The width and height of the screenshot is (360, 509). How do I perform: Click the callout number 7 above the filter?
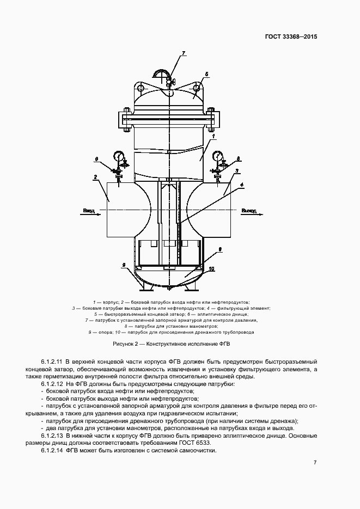(x=184, y=53)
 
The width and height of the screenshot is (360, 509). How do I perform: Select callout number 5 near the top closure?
(x=207, y=73)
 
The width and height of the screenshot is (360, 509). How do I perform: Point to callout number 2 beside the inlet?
(x=95, y=177)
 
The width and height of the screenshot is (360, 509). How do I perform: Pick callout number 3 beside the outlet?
(x=237, y=171)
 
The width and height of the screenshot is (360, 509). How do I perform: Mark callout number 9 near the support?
(x=124, y=265)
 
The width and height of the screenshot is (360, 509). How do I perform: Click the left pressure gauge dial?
(x=119, y=157)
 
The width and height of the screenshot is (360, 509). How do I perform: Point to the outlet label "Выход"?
(x=249, y=210)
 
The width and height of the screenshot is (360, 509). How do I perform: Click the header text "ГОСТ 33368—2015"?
(x=291, y=37)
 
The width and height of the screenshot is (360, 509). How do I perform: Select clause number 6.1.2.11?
(x=52, y=361)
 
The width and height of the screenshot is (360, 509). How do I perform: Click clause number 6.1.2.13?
(x=52, y=436)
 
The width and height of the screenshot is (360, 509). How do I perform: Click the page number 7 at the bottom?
(x=315, y=462)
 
